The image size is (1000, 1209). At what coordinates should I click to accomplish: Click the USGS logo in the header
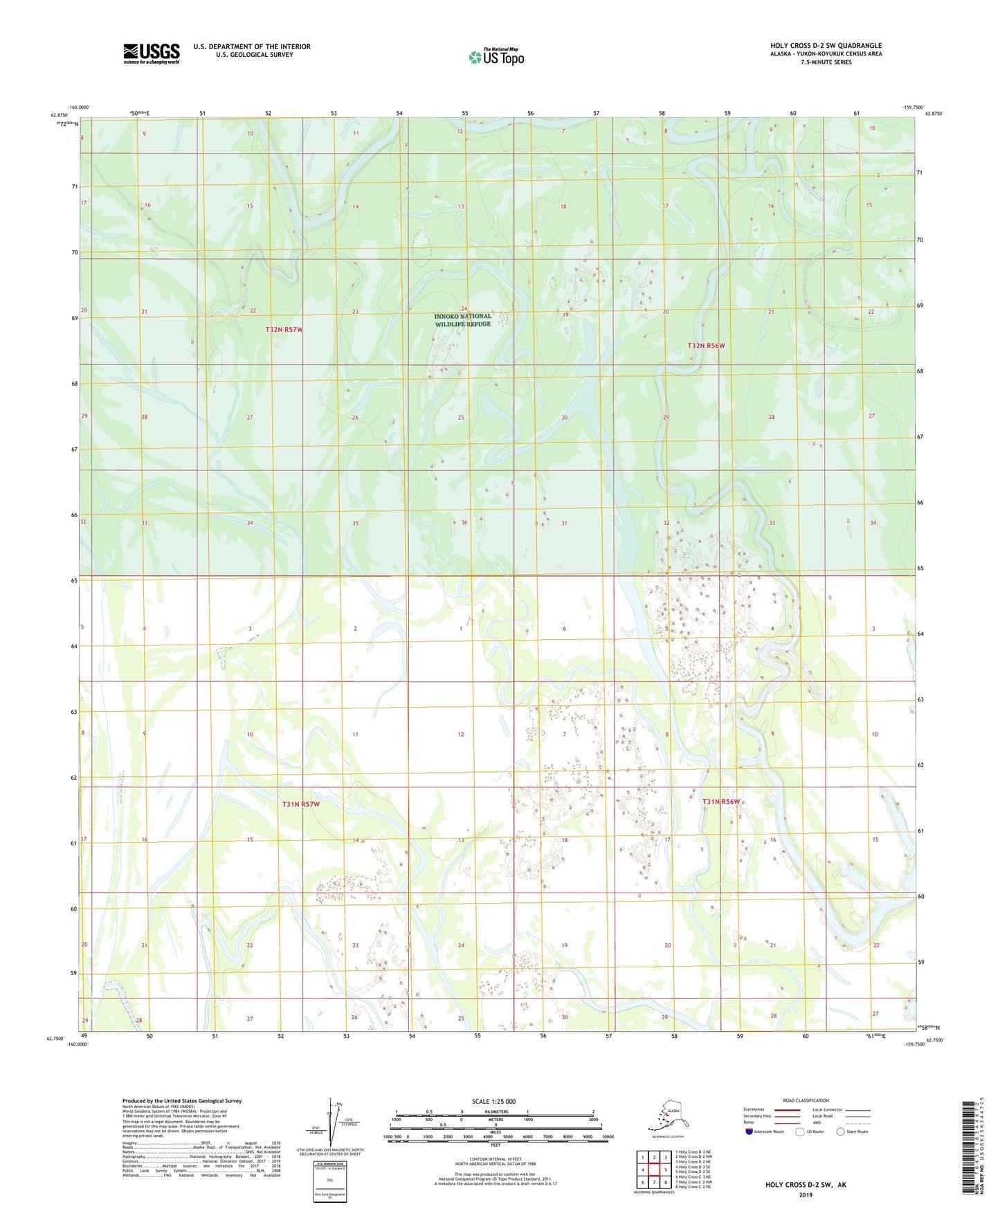tap(152, 53)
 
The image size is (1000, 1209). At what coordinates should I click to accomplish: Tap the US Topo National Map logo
tap(496, 57)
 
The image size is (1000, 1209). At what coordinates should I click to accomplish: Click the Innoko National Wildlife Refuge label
tap(463, 320)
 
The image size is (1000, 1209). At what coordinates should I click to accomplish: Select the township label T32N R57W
tap(284, 330)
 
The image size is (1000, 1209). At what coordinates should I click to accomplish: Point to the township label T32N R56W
tap(706, 345)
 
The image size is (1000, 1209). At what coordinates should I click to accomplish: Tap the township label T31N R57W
tap(301, 804)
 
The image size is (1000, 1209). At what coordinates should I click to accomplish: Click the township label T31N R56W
tap(721, 801)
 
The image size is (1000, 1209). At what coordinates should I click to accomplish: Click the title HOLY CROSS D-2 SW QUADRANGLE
tap(826, 46)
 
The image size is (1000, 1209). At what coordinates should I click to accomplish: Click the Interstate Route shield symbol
tap(749, 1131)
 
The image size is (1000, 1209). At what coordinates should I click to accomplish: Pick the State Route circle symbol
tap(841, 1131)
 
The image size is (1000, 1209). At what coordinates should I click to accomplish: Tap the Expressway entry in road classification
tap(754, 1109)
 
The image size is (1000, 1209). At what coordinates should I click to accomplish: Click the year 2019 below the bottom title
tap(806, 1194)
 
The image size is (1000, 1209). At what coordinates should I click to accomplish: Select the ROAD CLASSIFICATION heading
tap(806, 1100)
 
